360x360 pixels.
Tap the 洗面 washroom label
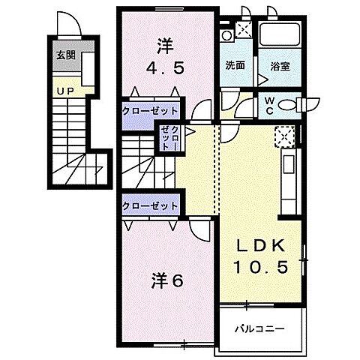[235, 65]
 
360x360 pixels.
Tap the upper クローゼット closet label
[151, 110]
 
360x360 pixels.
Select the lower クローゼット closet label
[151, 205]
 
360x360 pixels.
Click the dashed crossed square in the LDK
[285, 136]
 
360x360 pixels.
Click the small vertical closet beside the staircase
[166, 137]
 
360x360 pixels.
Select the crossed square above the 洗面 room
[244, 29]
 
